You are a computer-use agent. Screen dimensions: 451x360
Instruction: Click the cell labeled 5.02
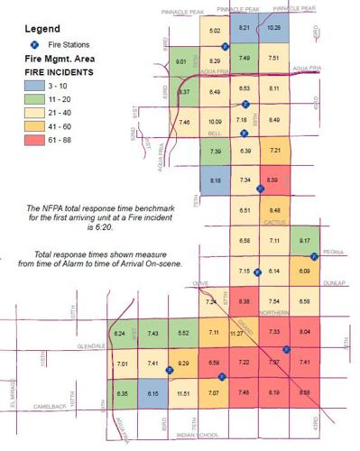point(215,32)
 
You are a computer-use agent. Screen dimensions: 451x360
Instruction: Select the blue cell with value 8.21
point(244,28)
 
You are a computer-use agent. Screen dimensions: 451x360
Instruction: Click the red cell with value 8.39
point(274,181)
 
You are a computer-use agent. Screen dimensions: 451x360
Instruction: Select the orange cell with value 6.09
point(304,271)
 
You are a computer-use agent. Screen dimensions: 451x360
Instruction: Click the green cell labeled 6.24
point(121,334)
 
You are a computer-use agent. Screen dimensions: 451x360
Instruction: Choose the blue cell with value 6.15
point(153,393)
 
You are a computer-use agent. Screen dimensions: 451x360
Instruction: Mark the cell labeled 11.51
point(183,393)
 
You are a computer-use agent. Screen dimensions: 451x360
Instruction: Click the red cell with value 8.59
point(305,392)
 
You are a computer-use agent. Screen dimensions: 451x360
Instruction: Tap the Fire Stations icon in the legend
point(33,42)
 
